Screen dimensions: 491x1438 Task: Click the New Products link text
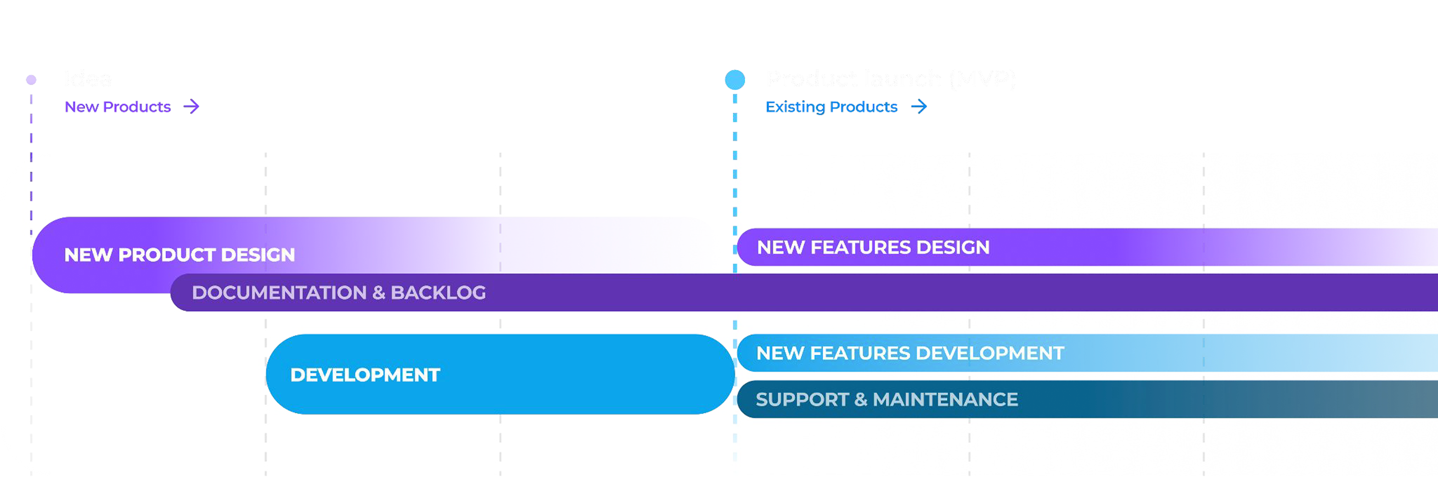tap(118, 107)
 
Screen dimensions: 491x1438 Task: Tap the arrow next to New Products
tap(191, 107)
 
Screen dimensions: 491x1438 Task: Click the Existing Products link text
tap(831, 107)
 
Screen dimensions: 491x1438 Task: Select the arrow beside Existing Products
tap(919, 107)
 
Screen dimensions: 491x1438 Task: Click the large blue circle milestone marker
tap(735, 80)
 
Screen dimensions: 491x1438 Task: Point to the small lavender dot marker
tap(31, 80)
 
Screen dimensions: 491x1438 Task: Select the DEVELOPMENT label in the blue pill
tap(365, 375)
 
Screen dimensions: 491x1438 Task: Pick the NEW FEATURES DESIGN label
tap(873, 247)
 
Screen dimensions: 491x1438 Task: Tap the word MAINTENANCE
tap(945, 399)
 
